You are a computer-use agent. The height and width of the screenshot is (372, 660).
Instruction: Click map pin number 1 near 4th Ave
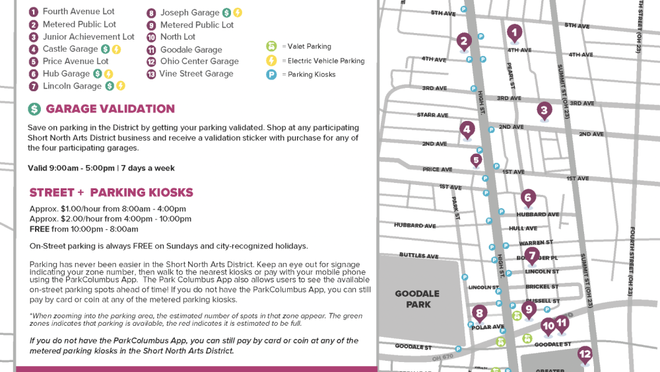pyautogui.click(x=514, y=32)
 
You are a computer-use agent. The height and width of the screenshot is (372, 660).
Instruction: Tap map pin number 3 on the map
pyautogui.click(x=544, y=110)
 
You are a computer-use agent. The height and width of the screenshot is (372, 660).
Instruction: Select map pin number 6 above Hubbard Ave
pyautogui.click(x=527, y=197)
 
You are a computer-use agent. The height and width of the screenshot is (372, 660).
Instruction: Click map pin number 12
pyautogui.click(x=585, y=354)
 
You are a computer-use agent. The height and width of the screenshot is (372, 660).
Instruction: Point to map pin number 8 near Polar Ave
pyautogui.click(x=480, y=314)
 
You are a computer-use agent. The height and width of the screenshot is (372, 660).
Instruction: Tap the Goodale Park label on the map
pyautogui.click(x=418, y=299)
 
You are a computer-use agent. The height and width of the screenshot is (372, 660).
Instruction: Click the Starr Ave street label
pyautogui.click(x=432, y=115)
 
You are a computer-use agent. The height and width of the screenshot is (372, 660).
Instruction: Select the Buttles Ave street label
pyautogui.click(x=418, y=256)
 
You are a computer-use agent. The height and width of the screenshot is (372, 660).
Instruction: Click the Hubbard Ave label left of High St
pyautogui.click(x=415, y=225)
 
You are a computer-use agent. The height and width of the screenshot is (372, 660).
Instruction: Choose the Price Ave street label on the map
pyautogui.click(x=437, y=169)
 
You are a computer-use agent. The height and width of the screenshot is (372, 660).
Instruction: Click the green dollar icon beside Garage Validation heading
pyautogui.click(x=34, y=109)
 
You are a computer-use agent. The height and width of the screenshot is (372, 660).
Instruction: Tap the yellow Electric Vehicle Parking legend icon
pyautogui.click(x=271, y=61)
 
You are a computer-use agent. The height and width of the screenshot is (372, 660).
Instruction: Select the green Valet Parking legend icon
pyautogui.click(x=271, y=46)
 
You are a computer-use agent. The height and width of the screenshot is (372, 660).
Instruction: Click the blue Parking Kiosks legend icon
pyautogui.click(x=271, y=75)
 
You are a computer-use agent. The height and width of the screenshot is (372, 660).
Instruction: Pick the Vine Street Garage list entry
pyautogui.click(x=196, y=73)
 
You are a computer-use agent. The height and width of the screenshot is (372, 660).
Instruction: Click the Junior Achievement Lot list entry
pyautogui.click(x=88, y=37)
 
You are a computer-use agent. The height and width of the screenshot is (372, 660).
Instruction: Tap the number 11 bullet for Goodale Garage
pyautogui.click(x=151, y=50)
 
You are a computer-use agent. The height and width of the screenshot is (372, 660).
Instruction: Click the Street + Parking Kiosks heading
pyautogui.click(x=111, y=193)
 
